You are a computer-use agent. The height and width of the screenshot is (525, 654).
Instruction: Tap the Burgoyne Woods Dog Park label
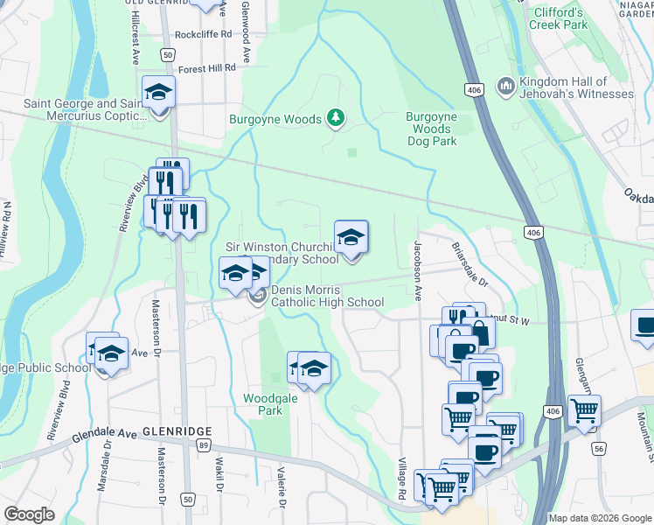431,129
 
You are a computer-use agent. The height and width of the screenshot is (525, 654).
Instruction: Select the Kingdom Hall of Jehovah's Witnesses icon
504,87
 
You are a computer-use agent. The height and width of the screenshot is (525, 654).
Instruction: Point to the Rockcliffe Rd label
203,34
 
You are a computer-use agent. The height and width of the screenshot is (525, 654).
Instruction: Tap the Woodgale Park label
263,403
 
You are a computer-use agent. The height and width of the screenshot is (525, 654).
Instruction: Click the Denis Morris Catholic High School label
326,297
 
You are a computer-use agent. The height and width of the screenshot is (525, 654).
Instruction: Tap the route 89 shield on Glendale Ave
202,446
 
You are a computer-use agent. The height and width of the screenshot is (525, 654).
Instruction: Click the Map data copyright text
599,518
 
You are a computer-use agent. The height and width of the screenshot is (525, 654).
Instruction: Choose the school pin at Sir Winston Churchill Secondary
351,238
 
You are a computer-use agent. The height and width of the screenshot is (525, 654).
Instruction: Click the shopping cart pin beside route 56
584,410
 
